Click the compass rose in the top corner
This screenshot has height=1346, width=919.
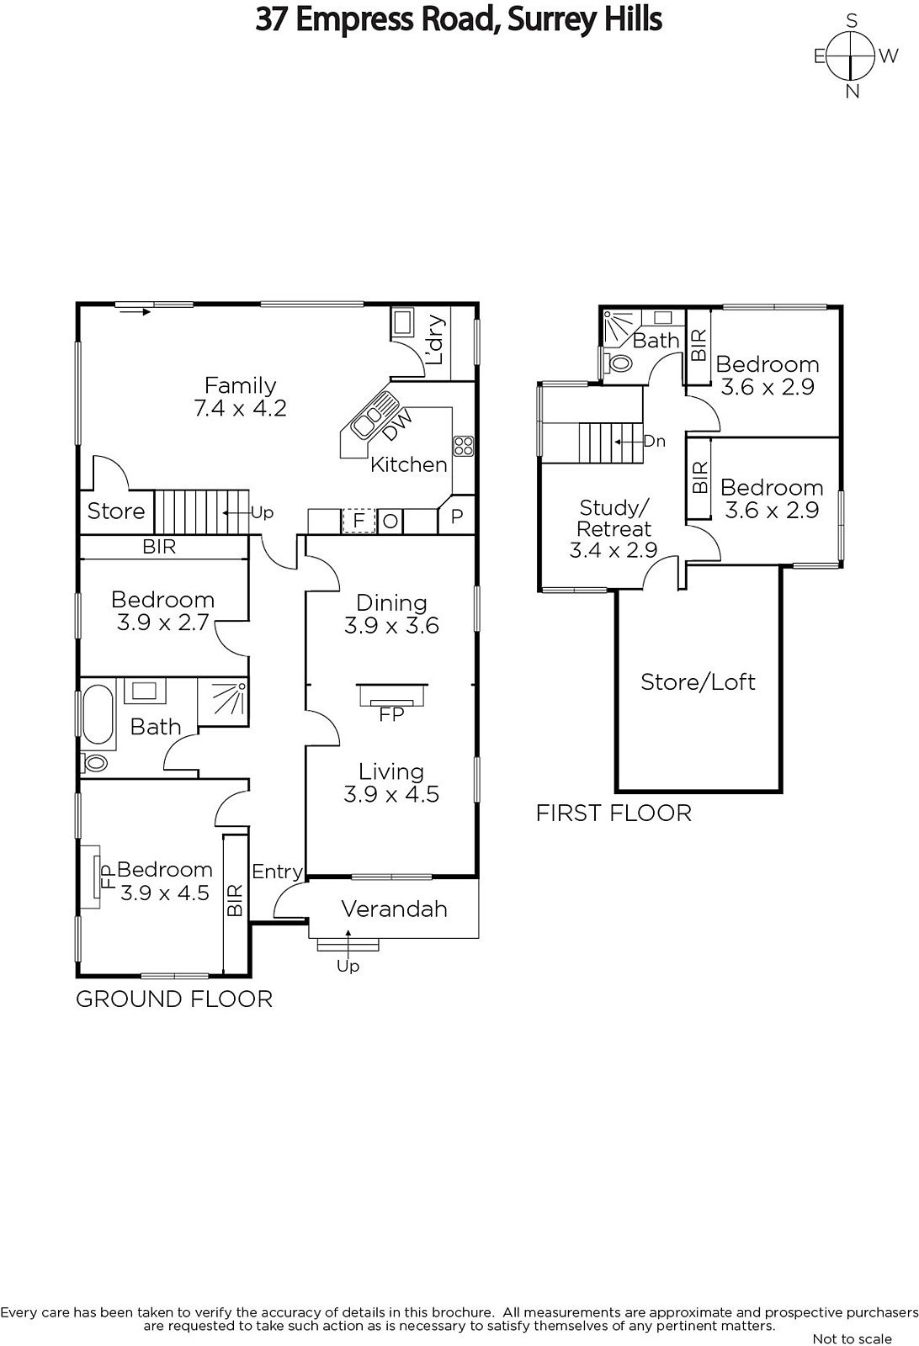(x=852, y=56)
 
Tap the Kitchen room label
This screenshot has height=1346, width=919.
(x=409, y=464)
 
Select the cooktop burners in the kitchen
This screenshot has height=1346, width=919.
(x=464, y=446)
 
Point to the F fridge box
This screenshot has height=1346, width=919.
(x=359, y=521)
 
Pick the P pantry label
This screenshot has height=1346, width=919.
(x=457, y=516)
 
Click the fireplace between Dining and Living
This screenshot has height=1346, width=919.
(x=392, y=695)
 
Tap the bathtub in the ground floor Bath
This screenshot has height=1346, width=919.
(x=98, y=714)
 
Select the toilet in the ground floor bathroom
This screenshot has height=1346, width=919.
(x=94, y=764)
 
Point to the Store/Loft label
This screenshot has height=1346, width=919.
(x=698, y=682)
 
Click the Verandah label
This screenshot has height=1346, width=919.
(x=395, y=909)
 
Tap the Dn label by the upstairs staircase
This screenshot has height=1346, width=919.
(x=655, y=442)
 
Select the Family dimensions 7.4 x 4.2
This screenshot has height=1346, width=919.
(x=241, y=409)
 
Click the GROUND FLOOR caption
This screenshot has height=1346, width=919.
(x=174, y=999)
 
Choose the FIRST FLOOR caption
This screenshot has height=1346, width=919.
(x=614, y=813)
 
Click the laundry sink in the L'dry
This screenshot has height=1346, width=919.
(x=402, y=324)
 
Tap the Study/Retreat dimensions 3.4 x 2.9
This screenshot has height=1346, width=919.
(x=614, y=550)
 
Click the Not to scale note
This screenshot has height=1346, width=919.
(x=853, y=1338)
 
